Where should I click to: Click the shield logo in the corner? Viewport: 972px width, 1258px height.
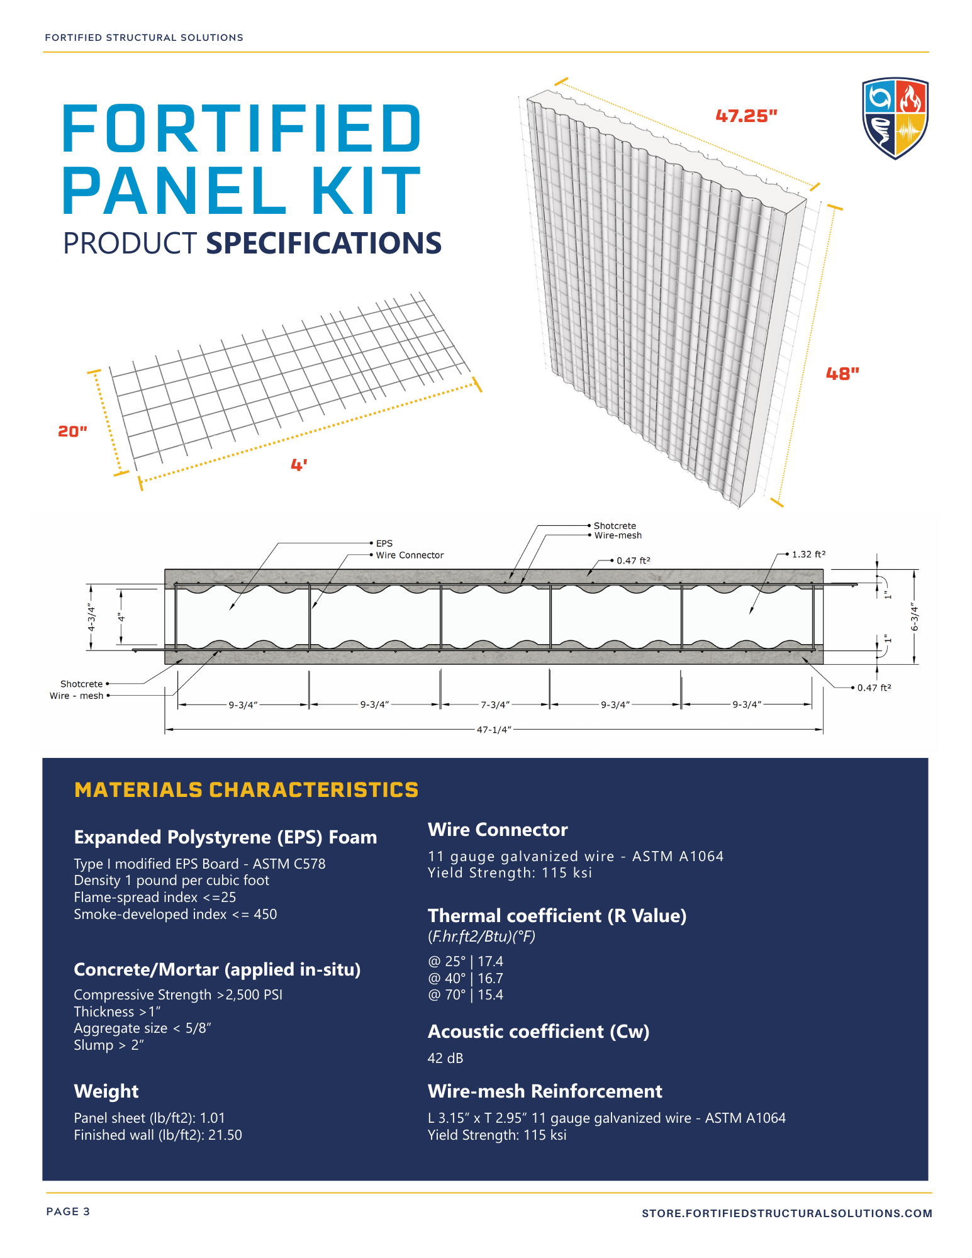[895, 118]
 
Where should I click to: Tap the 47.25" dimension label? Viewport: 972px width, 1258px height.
[746, 116]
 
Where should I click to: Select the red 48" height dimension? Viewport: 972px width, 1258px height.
[842, 374]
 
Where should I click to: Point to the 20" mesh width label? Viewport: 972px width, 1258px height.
[72, 431]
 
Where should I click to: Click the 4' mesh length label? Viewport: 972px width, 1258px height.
[299, 465]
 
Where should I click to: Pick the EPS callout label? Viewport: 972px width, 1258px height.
[384, 543]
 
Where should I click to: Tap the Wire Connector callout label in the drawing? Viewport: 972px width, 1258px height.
[410, 555]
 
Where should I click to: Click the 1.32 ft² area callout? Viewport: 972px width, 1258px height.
[808, 554]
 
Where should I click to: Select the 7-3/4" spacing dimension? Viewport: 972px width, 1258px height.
[495, 705]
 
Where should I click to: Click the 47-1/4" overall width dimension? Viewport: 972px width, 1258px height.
[494, 730]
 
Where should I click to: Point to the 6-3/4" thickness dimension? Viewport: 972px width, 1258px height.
[915, 617]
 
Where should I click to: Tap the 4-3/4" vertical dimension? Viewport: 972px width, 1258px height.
[91, 617]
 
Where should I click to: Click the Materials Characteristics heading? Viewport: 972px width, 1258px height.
[246, 790]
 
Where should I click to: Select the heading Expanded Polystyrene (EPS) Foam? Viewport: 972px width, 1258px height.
[225, 837]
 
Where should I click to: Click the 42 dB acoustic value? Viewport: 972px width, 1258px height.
[445, 1059]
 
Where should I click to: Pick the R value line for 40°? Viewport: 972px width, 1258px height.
[466, 978]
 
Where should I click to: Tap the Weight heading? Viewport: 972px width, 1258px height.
[106, 1091]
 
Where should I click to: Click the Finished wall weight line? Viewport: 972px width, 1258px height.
[158, 1135]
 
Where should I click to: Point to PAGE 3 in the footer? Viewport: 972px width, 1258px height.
[68, 1211]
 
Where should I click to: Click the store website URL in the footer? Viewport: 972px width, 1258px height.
[786, 1213]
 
